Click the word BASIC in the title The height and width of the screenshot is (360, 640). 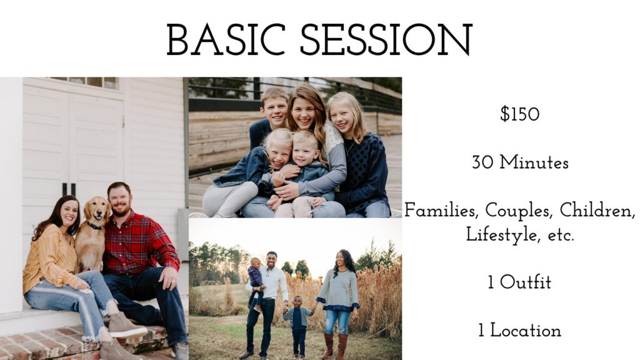pyautogui.click(x=226, y=39)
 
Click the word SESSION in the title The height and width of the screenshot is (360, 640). pyautogui.click(x=386, y=39)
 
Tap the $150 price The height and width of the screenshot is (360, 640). pyautogui.click(x=519, y=114)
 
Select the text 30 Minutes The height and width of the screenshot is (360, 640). pyautogui.click(x=520, y=162)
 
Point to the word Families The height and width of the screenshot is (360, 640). pyautogui.click(x=441, y=211)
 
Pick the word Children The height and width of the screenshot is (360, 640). pyautogui.click(x=597, y=211)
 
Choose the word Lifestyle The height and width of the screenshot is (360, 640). pyautogui.click(x=498, y=235)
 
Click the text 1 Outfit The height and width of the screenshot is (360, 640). pyautogui.click(x=519, y=282)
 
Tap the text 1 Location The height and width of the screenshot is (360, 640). pyautogui.click(x=519, y=330)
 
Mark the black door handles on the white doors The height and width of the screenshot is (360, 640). pyautogui.click(x=69, y=190)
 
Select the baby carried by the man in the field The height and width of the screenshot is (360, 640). pyautogui.click(x=256, y=282)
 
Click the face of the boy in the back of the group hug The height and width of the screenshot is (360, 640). pyautogui.click(x=274, y=108)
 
